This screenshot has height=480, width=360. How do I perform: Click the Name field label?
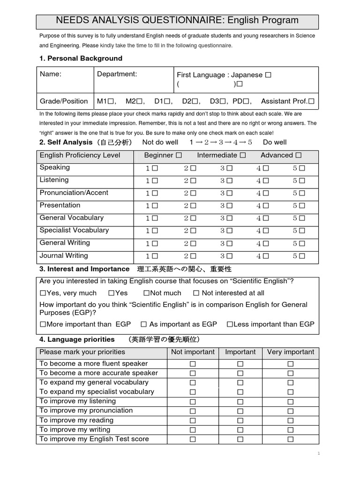51,74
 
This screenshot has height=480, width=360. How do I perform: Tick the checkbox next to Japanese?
268,75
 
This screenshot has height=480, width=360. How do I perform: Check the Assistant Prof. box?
311,101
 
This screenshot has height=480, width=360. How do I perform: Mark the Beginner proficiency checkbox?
179,156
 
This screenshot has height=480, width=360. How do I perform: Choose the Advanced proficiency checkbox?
299,156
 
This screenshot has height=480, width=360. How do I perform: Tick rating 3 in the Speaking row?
229,168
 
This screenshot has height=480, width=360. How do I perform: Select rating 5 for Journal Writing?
302,256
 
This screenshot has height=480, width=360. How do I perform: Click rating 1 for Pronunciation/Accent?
155,193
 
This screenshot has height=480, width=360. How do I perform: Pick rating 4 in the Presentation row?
266,206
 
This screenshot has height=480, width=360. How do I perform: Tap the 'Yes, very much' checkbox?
43,293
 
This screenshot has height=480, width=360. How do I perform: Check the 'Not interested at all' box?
196,293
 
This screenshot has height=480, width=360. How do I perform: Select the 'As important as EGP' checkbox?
144,324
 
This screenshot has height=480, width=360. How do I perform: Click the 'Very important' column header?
291,352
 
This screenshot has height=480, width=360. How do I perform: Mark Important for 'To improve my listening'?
240,402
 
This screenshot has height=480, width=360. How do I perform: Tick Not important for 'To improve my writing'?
193,430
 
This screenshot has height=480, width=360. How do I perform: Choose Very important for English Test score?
291,440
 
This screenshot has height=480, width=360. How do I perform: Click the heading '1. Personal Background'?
81,59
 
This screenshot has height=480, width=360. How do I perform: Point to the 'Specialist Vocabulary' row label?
74,230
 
